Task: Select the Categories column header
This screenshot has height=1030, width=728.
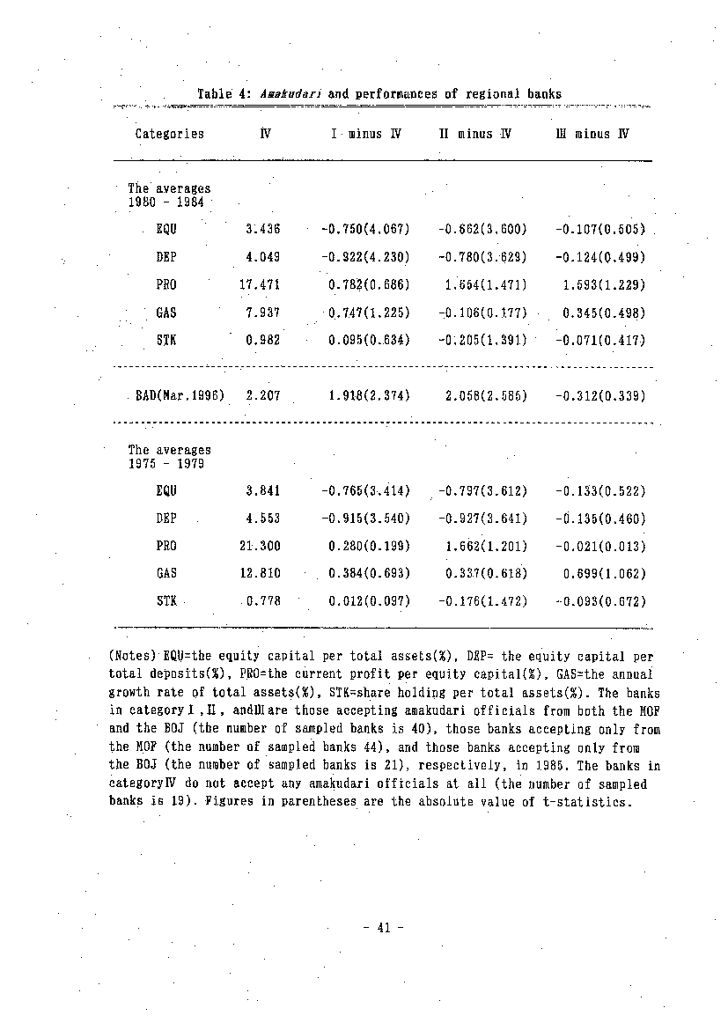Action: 169,134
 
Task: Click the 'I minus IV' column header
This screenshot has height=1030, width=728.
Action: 366,134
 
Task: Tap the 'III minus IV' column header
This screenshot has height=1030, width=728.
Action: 592,134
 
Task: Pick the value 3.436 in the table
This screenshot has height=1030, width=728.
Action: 262,230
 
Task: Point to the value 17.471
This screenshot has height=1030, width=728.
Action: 260,285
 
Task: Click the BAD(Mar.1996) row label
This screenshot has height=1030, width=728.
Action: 180,396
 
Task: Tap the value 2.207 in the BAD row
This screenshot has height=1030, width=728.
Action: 262,396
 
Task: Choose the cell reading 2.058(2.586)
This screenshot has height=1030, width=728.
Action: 486,396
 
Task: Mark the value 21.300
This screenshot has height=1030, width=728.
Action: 260,546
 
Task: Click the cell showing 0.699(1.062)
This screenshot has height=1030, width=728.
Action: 604,573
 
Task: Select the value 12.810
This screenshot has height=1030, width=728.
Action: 260,573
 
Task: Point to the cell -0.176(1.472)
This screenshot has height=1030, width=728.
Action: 482,601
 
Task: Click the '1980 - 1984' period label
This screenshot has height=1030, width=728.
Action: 166,202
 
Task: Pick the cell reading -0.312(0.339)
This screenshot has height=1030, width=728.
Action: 600,396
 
